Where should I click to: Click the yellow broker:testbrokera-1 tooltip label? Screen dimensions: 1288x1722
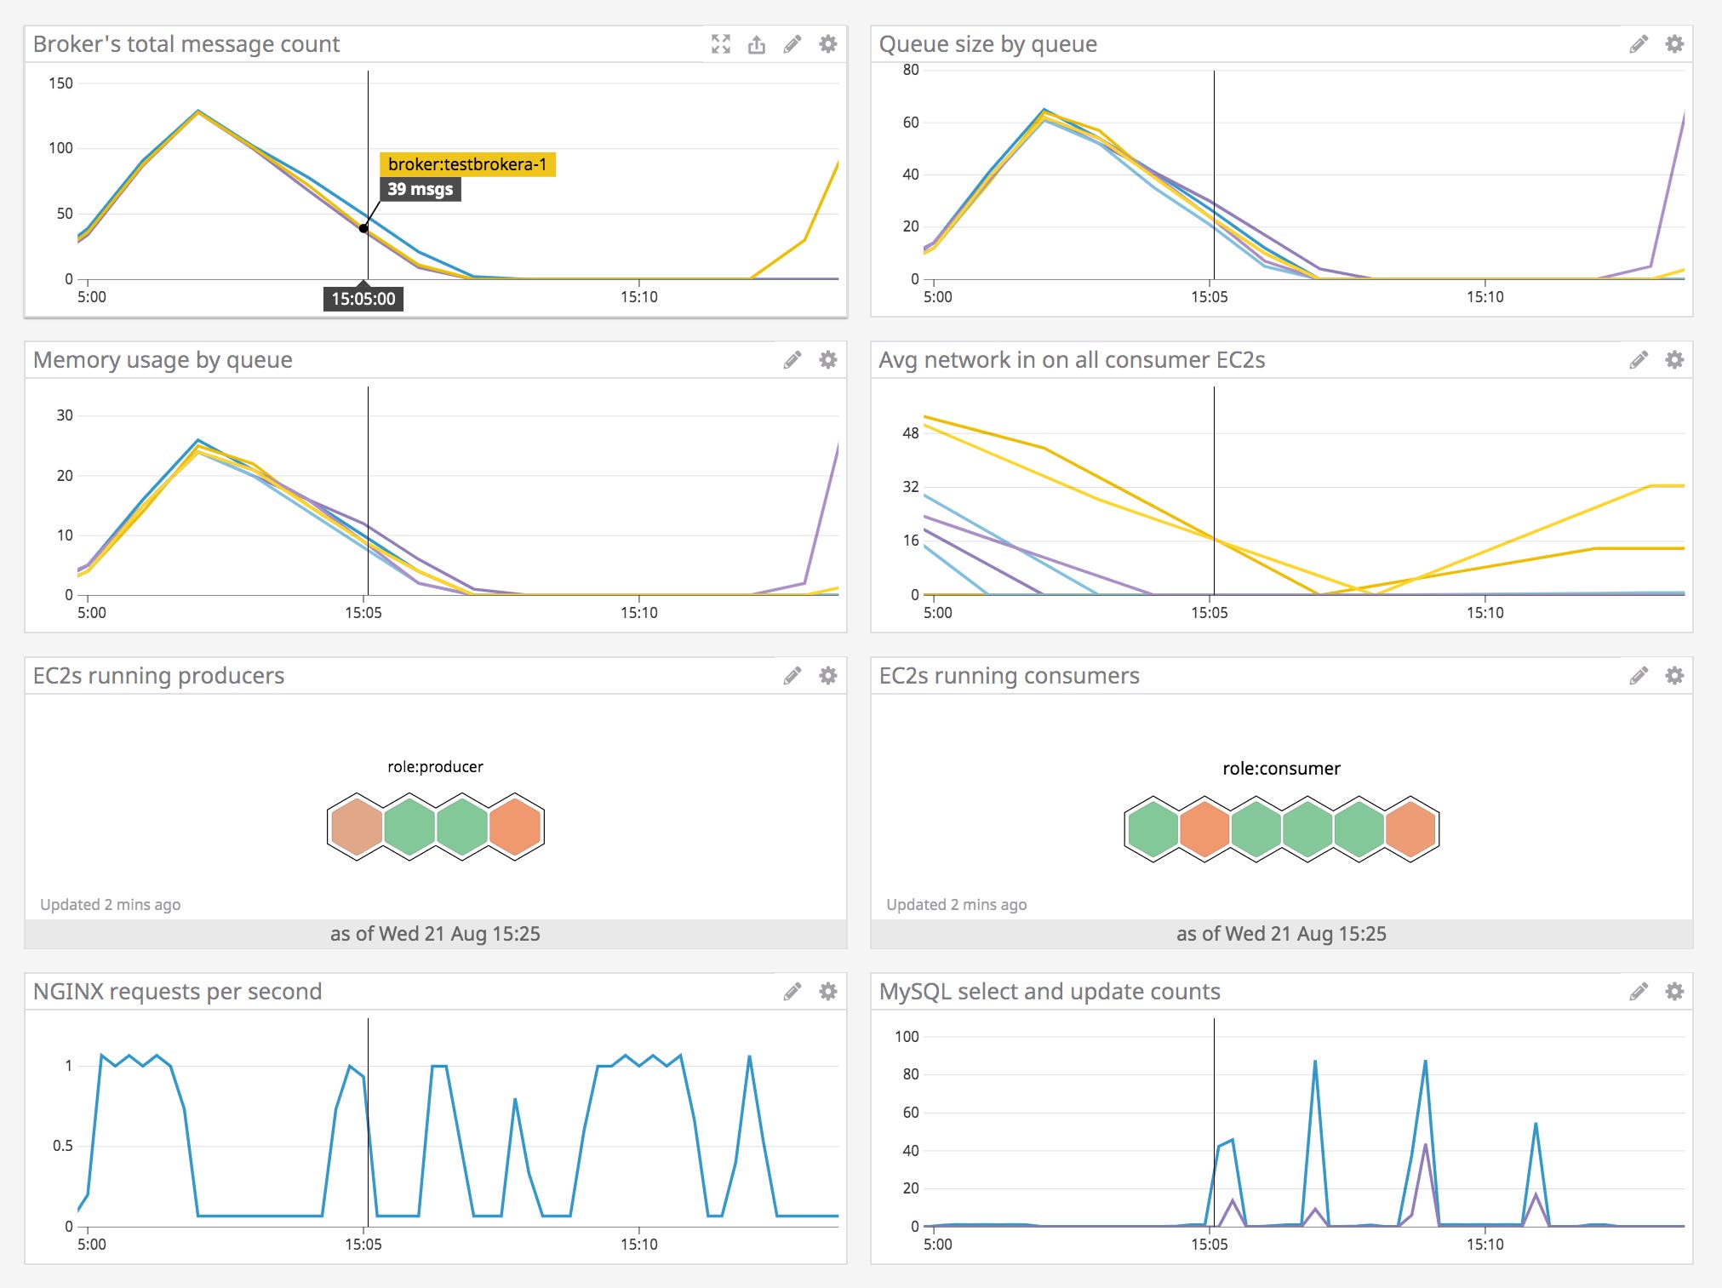click(467, 164)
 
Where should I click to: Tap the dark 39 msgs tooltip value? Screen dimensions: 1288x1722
click(420, 189)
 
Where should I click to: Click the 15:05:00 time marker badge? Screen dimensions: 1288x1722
click(363, 299)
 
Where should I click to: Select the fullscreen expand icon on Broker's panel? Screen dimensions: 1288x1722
click(721, 44)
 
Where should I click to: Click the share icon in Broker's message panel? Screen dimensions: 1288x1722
click(757, 44)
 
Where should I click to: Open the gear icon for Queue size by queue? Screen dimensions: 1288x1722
click(1673, 44)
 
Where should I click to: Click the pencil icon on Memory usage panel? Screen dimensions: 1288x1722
click(792, 360)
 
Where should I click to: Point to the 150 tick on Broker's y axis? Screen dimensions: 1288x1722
click(60, 83)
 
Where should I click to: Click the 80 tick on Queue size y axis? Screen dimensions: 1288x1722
click(911, 70)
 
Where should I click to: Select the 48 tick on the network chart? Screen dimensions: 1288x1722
click(911, 433)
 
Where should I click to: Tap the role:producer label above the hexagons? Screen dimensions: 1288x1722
click(435, 767)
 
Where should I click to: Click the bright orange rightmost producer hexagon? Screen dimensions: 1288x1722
click(514, 827)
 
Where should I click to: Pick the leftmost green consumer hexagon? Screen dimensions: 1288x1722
click(1153, 829)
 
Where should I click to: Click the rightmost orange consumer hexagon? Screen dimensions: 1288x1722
click(1410, 829)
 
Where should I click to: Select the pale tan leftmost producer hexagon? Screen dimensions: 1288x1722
click(357, 827)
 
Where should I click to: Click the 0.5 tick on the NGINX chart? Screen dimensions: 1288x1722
click(63, 1146)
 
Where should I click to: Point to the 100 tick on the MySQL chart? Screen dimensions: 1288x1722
click(907, 1037)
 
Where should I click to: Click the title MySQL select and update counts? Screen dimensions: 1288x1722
click(1049, 992)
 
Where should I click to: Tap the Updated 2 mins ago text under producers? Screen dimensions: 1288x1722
click(110, 905)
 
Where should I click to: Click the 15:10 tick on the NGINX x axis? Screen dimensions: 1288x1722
click(638, 1245)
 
